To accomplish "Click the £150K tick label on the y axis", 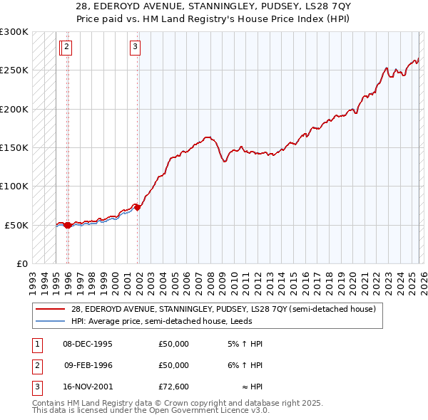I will point(14,147).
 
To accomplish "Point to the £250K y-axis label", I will point(14,70).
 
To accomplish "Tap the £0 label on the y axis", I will point(21,263).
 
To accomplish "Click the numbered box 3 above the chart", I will point(135,48).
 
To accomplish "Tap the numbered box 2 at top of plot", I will point(66,48).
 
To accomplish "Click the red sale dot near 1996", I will point(68,225).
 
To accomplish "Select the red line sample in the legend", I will point(51,309).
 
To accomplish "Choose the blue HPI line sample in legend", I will point(51,321).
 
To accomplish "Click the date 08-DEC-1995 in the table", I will point(88,344).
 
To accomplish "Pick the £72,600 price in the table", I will point(174,387).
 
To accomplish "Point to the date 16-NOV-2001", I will point(88,387).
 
